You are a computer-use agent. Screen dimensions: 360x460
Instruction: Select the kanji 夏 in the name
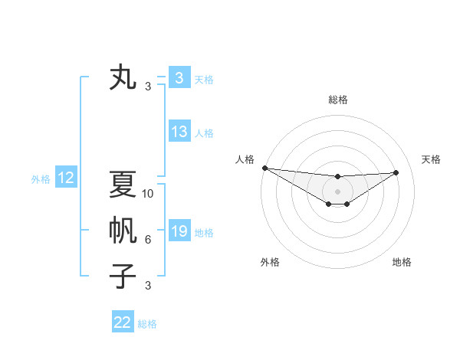(123, 184)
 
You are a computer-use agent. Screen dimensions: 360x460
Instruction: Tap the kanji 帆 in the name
(123, 230)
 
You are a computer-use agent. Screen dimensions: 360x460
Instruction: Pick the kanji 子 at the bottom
(123, 276)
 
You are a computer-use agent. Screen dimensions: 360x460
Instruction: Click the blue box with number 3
(179, 78)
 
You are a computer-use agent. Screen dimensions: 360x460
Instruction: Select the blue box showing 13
(179, 132)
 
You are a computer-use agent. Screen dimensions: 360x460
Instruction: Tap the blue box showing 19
(179, 231)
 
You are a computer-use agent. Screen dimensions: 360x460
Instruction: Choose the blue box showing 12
(66, 178)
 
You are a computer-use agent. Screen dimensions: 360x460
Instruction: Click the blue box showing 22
(123, 322)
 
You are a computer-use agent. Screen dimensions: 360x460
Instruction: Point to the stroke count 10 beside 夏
(148, 194)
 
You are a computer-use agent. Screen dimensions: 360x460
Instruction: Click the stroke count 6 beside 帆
(148, 240)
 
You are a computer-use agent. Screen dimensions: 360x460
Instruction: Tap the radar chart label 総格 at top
(338, 100)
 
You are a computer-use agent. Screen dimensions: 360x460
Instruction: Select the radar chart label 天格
(432, 159)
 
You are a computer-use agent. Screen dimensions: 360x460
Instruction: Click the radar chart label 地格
(402, 262)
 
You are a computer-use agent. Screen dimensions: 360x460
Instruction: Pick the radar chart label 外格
(270, 262)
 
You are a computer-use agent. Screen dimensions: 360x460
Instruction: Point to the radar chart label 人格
(245, 159)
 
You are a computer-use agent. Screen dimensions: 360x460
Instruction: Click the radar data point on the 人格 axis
(264, 168)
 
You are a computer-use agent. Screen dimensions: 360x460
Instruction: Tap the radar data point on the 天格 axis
(396, 172)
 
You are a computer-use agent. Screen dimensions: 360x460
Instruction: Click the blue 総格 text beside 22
(148, 324)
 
